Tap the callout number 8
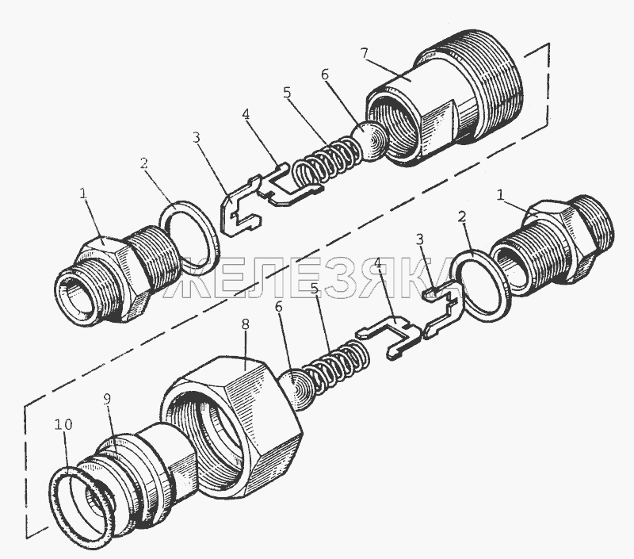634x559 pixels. tap(245, 325)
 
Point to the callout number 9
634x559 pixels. tap(107, 400)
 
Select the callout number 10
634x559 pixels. tap(63, 425)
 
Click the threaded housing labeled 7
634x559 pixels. tap(445, 97)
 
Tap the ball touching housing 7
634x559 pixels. tap(370, 143)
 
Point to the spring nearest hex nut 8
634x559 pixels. tap(336, 367)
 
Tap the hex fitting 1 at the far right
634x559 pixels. tap(554, 247)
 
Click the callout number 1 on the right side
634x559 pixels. tap(501, 196)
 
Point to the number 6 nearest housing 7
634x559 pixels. tap(325, 75)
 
